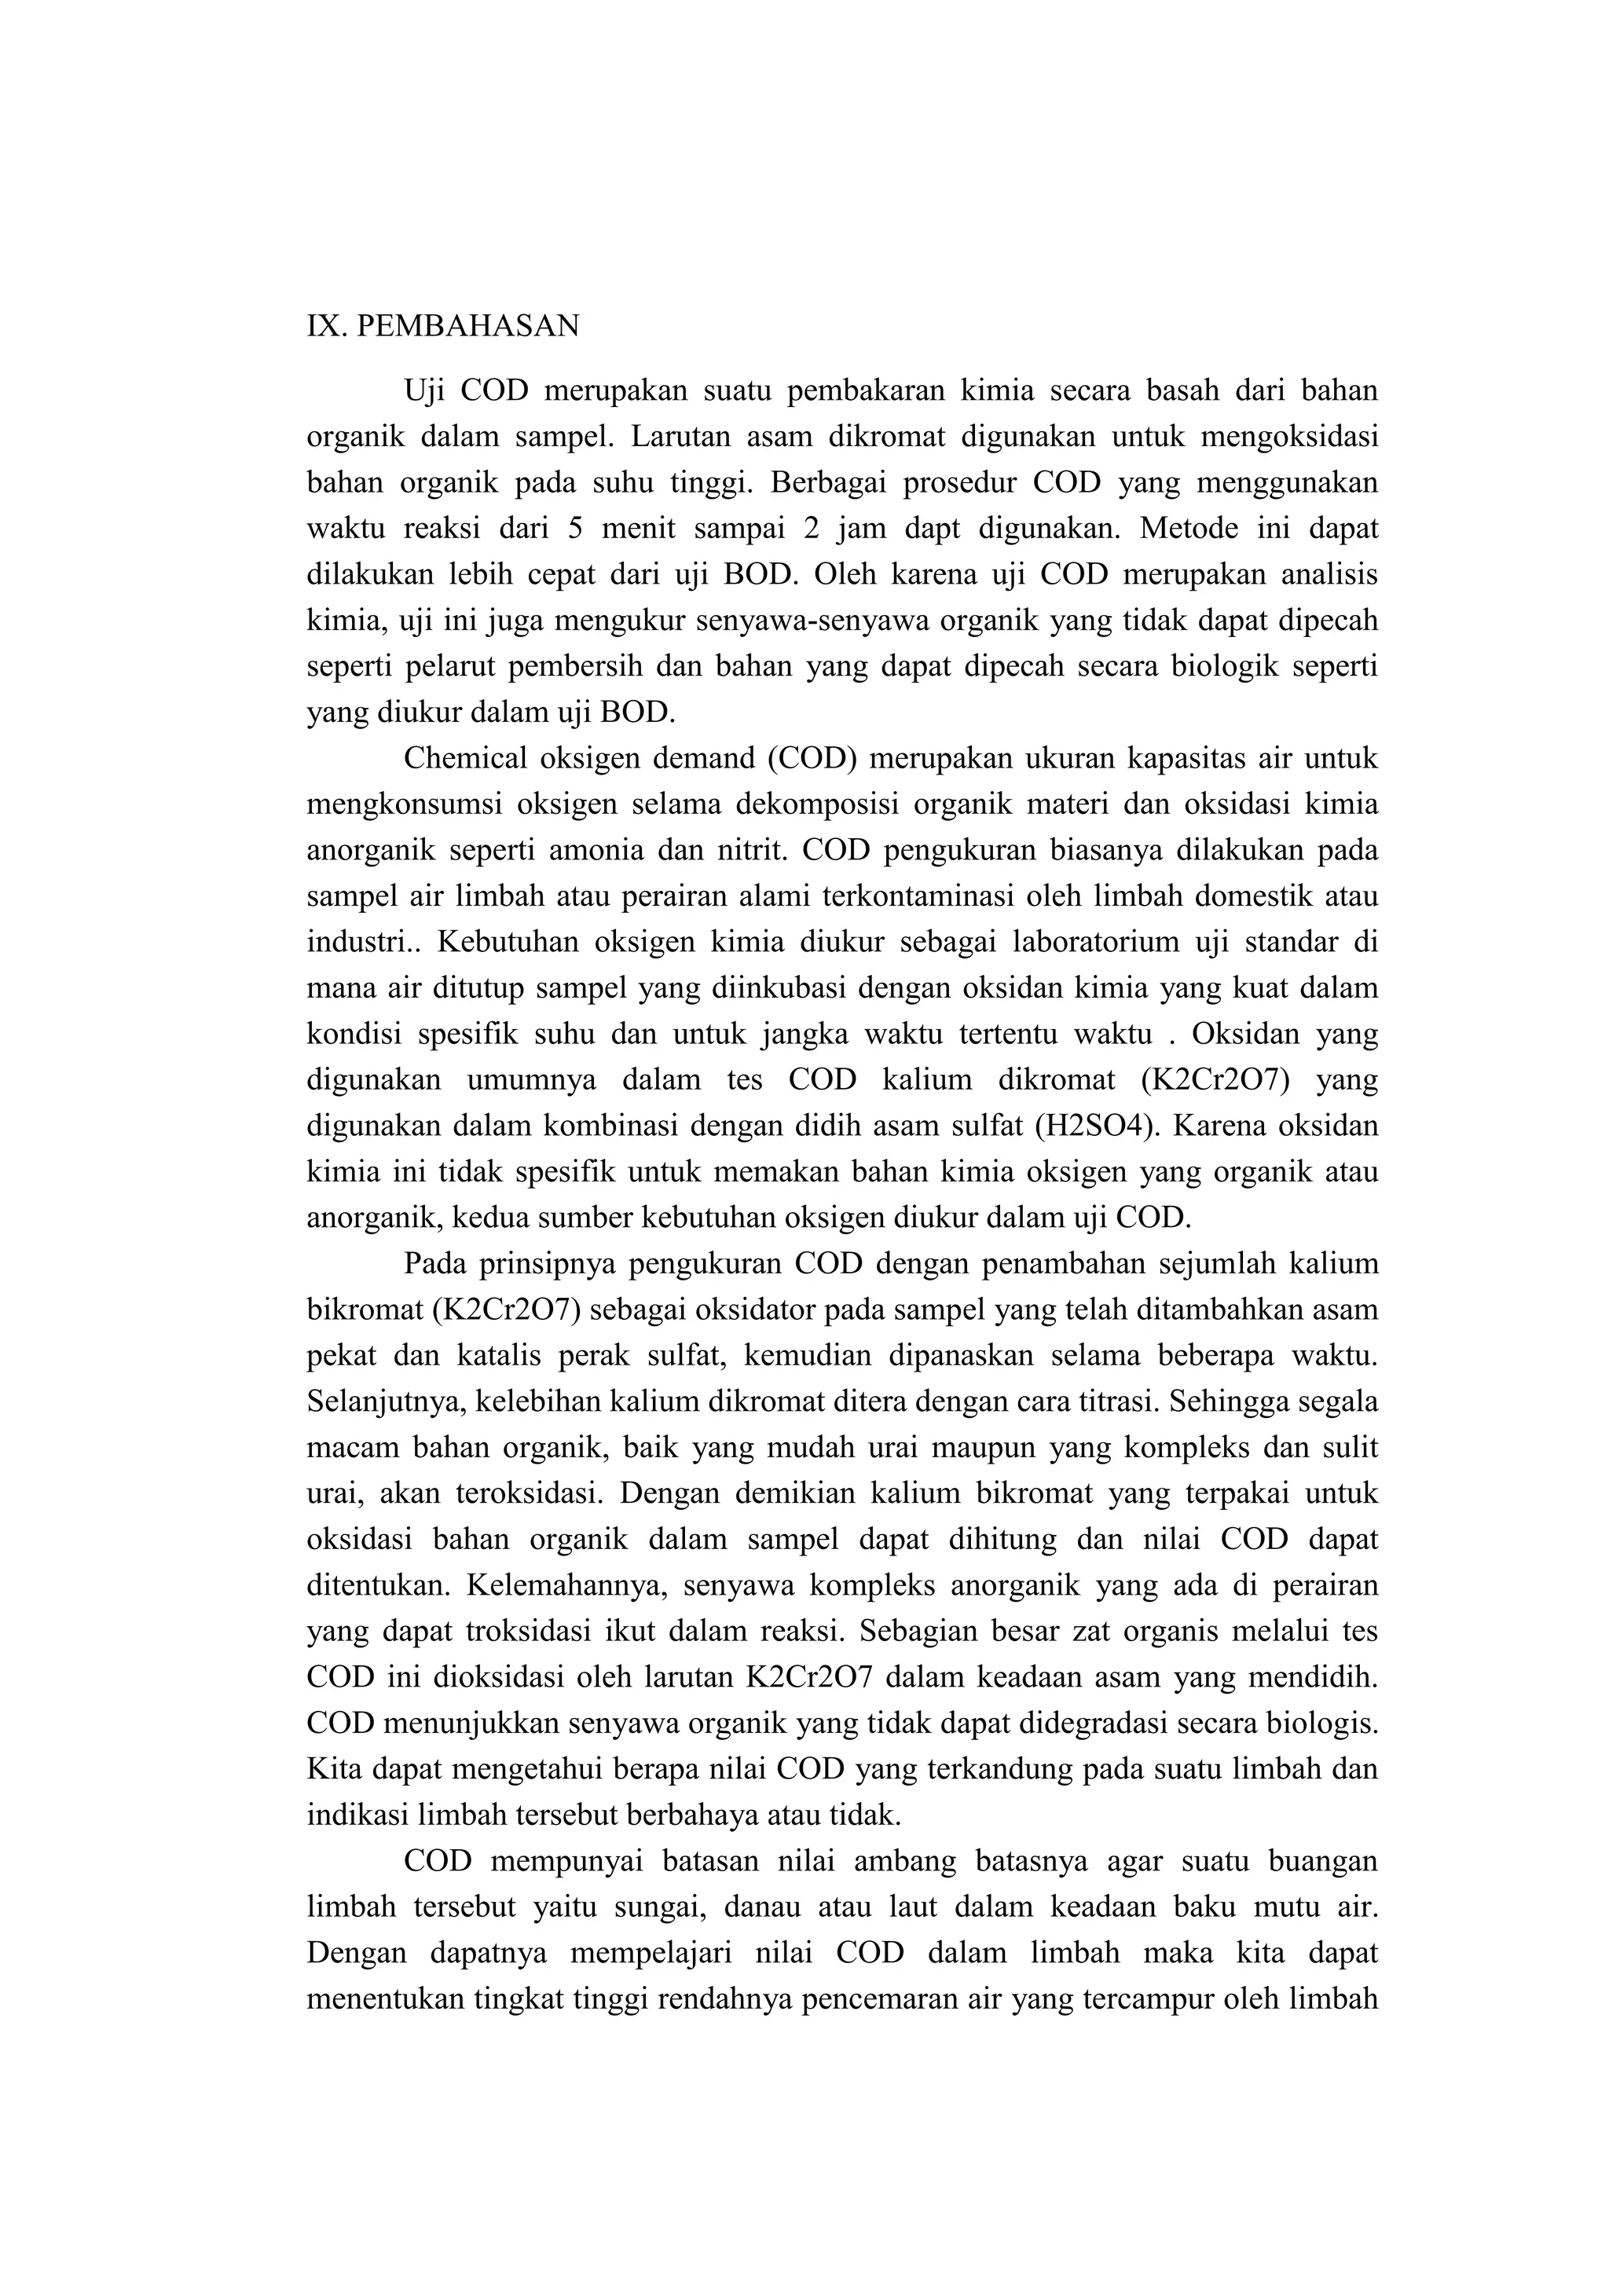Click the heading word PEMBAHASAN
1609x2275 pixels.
pos(467,326)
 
